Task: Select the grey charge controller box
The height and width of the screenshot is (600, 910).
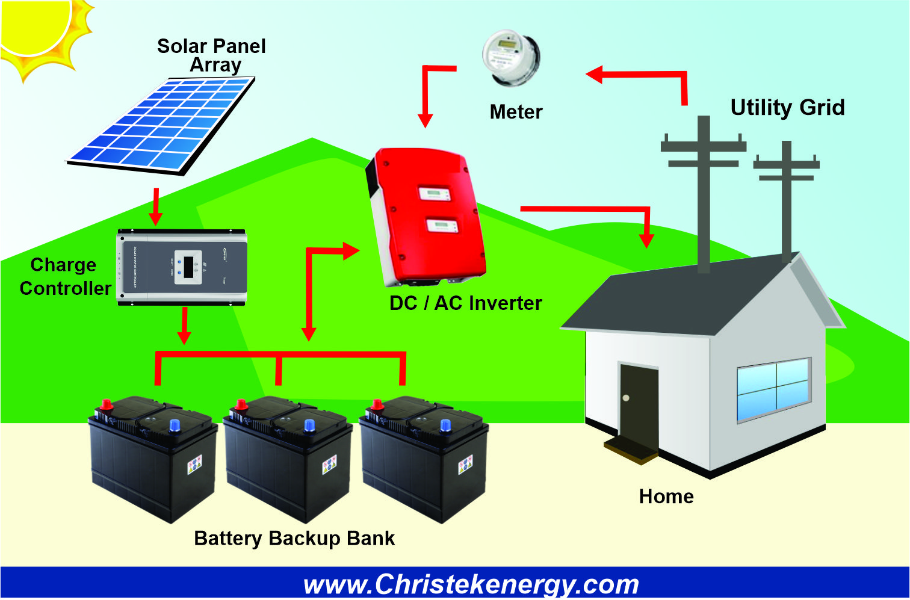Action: [x=182, y=267]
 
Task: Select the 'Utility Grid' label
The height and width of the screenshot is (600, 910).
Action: [x=787, y=108]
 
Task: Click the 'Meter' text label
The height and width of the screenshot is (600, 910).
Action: [x=516, y=112]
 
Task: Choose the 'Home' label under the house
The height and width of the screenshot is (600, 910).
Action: [x=666, y=496]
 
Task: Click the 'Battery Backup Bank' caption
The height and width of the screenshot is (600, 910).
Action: [x=294, y=538]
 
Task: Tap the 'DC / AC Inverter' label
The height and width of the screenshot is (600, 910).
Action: [x=465, y=303]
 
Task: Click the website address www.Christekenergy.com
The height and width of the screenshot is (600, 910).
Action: [x=471, y=584]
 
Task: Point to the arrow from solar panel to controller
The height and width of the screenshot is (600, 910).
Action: [x=156, y=206]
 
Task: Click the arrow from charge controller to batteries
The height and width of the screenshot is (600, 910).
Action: [x=185, y=325]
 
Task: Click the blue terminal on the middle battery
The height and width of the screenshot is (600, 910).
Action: [x=309, y=425]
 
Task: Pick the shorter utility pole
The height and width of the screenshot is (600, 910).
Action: [x=786, y=199]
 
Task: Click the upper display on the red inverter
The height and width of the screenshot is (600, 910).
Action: [x=435, y=194]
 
